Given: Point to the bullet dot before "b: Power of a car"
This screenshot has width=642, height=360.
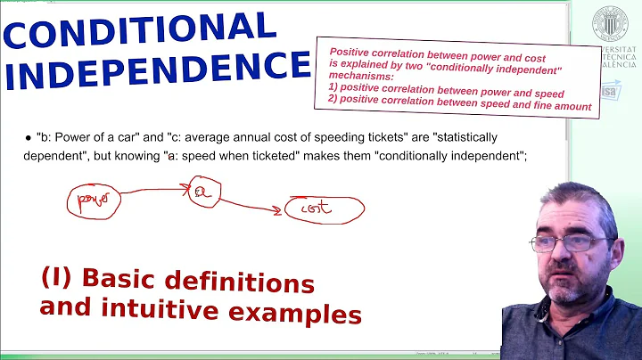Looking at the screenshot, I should click(x=29, y=139).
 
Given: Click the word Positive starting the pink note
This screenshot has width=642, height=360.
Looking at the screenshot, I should click(x=350, y=52).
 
